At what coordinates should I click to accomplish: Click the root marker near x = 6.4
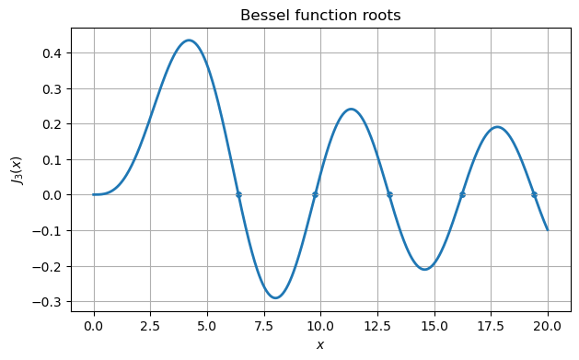238,194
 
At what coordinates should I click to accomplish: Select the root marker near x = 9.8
315,194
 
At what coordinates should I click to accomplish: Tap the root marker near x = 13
389,194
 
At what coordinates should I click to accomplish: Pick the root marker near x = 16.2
462,194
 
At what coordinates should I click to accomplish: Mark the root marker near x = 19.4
534,194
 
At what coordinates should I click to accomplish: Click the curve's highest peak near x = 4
189,41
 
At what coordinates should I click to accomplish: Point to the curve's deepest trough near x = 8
275,297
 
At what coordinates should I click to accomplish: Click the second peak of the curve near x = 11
351,110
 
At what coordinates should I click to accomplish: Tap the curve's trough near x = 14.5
424,269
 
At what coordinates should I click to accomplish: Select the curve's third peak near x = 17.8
497,127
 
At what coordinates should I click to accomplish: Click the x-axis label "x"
320,345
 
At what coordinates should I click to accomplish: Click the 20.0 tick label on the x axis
548,327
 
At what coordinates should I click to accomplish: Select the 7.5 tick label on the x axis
264,327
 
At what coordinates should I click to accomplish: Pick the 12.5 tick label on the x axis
377,327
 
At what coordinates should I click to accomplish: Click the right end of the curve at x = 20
548,229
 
